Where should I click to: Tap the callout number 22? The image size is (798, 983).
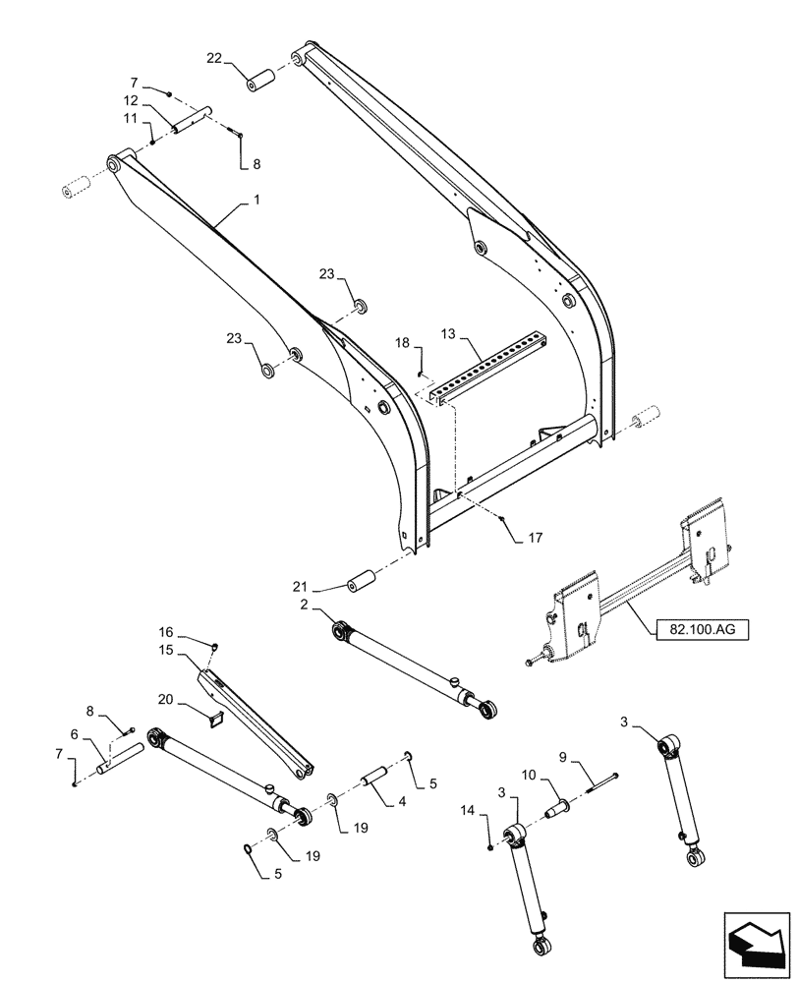click(x=214, y=60)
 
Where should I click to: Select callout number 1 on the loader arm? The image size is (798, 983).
click(x=256, y=200)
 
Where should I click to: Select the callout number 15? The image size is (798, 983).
click(x=166, y=651)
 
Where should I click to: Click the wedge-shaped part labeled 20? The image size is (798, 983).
click(x=217, y=721)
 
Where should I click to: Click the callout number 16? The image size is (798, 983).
click(x=166, y=631)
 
